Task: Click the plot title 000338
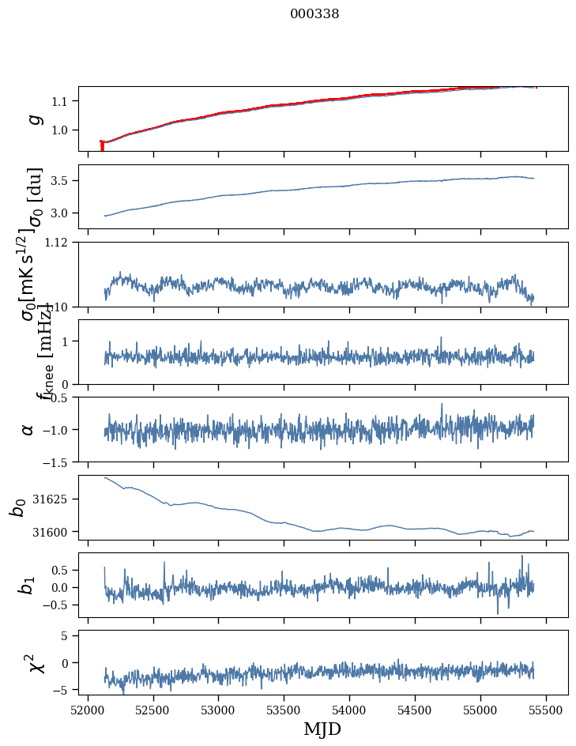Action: (x=314, y=13)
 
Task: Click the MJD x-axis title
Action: (x=322, y=729)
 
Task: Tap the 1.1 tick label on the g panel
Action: (x=63, y=101)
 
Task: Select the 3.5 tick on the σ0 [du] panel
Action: (x=63, y=181)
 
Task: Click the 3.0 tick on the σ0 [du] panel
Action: (x=63, y=213)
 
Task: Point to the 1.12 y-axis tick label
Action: (x=60, y=243)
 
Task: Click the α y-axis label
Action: (x=28, y=429)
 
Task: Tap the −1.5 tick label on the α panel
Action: (x=58, y=462)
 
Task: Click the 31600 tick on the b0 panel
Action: (x=55, y=532)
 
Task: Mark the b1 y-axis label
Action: (x=28, y=585)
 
